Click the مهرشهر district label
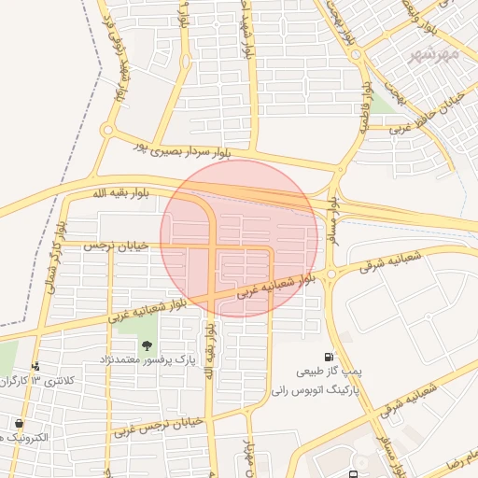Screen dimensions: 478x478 [435, 55]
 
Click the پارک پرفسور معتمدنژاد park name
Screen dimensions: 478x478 [148, 359]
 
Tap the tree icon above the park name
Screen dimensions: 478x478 [147, 344]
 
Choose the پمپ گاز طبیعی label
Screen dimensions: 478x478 [330, 372]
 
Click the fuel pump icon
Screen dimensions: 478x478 [329, 356]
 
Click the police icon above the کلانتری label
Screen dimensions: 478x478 [35, 366]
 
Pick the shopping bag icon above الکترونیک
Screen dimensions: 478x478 [19, 423]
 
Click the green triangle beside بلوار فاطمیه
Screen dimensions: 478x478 [384, 104]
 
